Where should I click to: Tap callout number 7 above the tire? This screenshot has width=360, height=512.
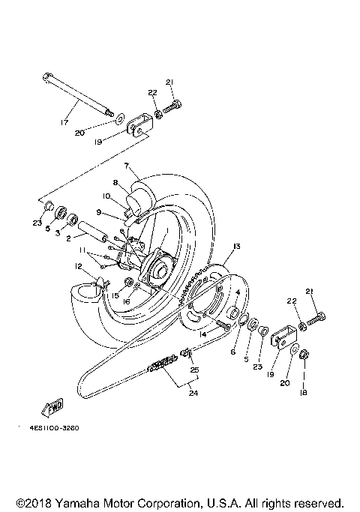pyautogui.click(x=127, y=165)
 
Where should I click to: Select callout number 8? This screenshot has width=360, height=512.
pyautogui.click(x=115, y=181)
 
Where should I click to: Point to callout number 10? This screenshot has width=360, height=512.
pyautogui.click(x=106, y=196)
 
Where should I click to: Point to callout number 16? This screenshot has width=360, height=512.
pyautogui.click(x=127, y=301)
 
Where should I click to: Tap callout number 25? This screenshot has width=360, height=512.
pyautogui.click(x=194, y=370)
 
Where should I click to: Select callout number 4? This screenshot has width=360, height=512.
pyautogui.click(x=238, y=292)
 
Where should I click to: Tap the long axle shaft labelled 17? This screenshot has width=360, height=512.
pyautogui.click(x=82, y=93)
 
